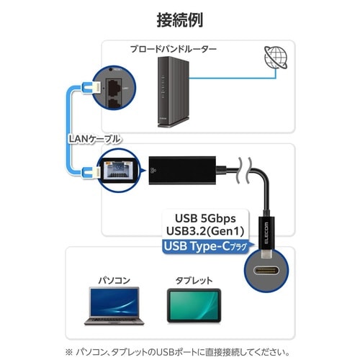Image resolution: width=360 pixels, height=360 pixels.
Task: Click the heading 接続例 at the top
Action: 179,17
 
